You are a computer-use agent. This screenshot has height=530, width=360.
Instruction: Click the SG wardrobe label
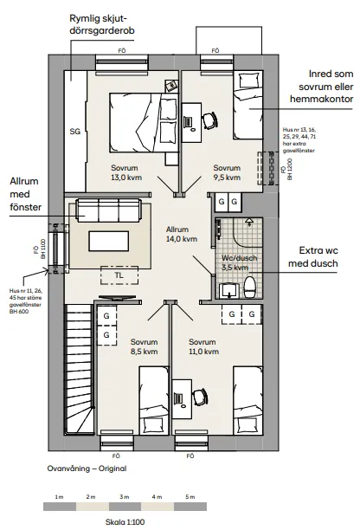(74, 132)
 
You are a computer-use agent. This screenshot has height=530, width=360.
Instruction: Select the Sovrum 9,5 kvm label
(227, 172)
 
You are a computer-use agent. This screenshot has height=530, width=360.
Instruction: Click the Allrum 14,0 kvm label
(182, 235)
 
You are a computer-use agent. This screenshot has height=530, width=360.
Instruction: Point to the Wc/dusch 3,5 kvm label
(235, 262)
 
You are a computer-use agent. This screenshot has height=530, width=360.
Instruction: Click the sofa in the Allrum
(108, 210)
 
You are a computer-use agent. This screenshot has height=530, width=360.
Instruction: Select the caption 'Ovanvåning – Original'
(87, 468)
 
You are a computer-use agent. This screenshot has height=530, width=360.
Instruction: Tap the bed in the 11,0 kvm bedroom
(247, 398)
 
